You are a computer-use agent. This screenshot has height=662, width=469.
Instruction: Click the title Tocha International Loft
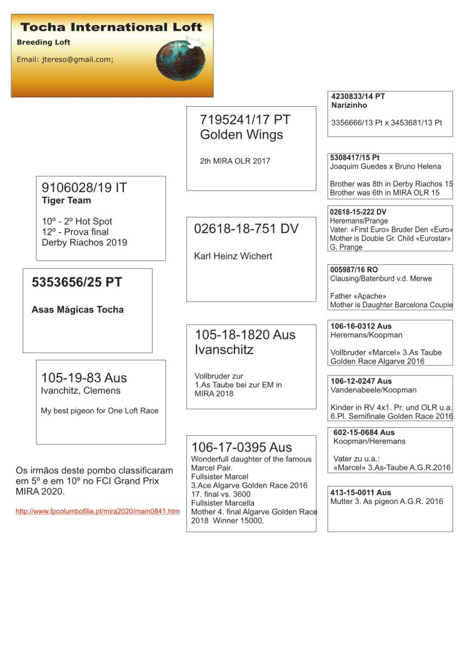pyautogui.click(x=111, y=27)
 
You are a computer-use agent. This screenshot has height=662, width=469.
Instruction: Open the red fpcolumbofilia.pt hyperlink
pyautogui.click(x=98, y=511)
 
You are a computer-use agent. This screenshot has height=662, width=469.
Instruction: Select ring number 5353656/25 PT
pyautogui.click(x=77, y=282)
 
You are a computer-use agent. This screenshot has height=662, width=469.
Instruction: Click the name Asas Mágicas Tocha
pyautogui.click(x=78, y=309)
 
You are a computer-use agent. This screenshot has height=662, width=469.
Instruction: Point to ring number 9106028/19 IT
pyautogui.click(x=84, y=187)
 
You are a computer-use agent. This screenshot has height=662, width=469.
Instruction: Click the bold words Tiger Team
pyautogui.click(x=66, y=200)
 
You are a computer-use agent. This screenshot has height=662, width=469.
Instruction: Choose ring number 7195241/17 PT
pyautogui.click(x=245, y=120)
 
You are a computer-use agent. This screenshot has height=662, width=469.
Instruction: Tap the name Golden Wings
pyautogui.click(x=241, y=135)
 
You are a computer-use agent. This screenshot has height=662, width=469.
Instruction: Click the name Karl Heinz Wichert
pyautogui.click(x=233, y=256)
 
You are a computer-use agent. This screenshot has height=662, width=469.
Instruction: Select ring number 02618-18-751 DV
pyautogui.click(x=246, y=229)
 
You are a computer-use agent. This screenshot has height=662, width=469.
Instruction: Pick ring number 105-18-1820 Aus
pyautogui.click(x=245, y=335)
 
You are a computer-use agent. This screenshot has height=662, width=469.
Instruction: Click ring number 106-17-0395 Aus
pyautogui.click(x=241, y=447)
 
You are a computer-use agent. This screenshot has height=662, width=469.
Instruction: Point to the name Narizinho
pyautogui.click(x=350, y=106)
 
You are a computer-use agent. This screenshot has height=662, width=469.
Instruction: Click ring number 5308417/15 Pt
pyautogui.click(x=355, y=158)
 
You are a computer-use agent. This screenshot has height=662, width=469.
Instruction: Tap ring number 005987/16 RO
pyautogui.click(x=354, y=270)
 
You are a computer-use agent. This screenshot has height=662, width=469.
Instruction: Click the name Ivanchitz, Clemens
pyautogui.click(x=81, y=391)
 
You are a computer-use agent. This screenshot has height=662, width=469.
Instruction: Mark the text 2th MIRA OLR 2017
pyautogui.click(x=235, y=161)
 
